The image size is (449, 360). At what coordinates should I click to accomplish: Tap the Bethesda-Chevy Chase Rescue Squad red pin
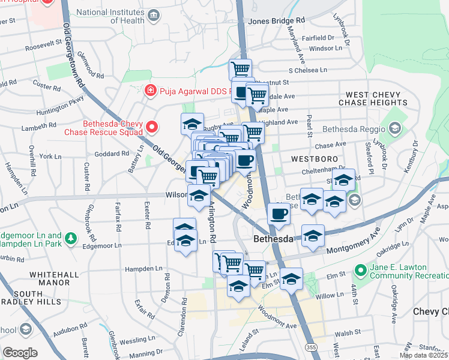[152, 127]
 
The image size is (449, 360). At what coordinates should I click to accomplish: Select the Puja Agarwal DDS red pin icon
[151, 91]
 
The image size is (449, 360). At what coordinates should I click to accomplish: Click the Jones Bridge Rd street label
[277, 20]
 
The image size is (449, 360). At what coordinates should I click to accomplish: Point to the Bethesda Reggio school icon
[395, 128]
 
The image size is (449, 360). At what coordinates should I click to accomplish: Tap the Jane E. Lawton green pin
[361, 271]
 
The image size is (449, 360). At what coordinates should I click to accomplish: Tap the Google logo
[20, 353]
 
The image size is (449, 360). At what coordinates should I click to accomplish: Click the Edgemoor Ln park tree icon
[71, 239]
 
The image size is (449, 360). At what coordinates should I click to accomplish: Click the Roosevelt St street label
[43, 46]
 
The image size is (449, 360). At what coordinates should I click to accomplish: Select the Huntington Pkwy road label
[60, 107]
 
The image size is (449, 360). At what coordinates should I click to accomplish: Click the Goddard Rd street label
[112, 153]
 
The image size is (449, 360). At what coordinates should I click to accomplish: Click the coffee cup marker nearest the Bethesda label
[279, 213]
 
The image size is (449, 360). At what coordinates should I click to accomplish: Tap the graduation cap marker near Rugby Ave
[192, 124]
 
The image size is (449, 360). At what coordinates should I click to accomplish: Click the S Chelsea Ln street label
[307, 70]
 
